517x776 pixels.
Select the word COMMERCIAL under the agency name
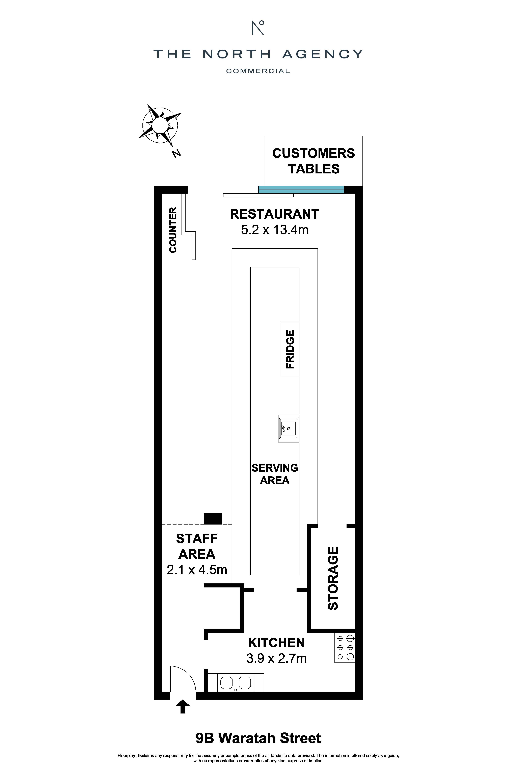(x=258, y=71)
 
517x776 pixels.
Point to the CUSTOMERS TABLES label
(x=314, y=161)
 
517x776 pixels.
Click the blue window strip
(x=301, y=189)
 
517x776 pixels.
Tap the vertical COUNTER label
(x=173, y=230)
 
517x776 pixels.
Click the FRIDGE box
(x=290, y=349)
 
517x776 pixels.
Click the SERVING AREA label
(x=275, y=474)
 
